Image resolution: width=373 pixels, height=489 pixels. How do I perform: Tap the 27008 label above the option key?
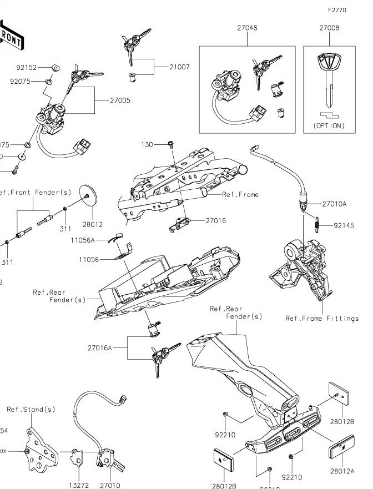point(329,27)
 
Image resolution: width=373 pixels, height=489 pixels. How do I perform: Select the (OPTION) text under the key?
point(329,126)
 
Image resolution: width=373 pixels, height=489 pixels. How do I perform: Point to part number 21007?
point(179,67)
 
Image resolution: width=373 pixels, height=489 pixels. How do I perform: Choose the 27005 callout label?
point(120,100)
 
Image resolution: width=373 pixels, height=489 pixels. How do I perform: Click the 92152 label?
point(27,67)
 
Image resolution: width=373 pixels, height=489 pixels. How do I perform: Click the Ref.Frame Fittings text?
point(322,319)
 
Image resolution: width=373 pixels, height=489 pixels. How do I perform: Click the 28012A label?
point(342,470)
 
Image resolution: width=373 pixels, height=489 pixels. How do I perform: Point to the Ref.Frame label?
point(240,195)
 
